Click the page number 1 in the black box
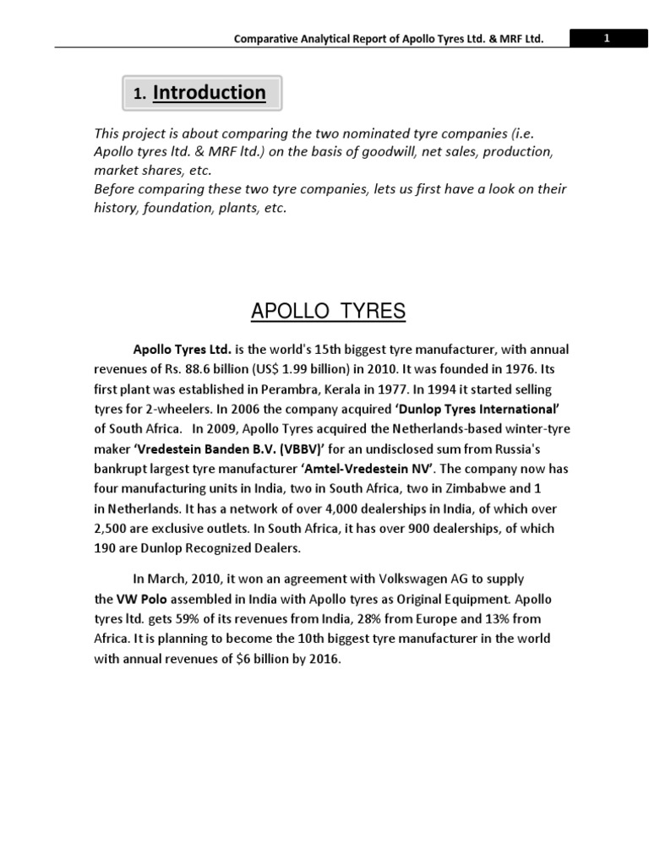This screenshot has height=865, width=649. coord(606,38)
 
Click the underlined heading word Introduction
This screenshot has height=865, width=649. coord(210,93)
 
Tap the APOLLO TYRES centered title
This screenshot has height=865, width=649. coord(329,312)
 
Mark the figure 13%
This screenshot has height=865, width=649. coord(504,619)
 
